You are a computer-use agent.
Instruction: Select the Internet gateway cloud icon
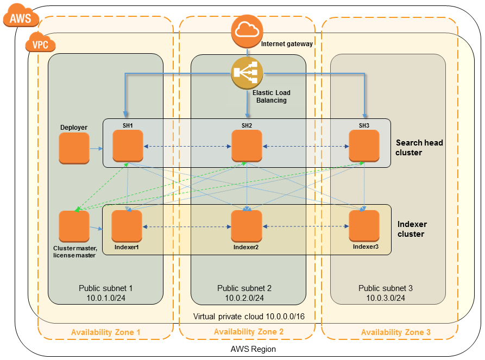pyautogui.click(x=247, y=30)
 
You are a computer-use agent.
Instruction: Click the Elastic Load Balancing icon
pyautogui.click(x=247, y=72)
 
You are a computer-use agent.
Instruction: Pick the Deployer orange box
pyautogui.click(x=74, y=147)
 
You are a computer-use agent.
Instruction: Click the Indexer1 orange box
pyautogui.click(x=127, y=226)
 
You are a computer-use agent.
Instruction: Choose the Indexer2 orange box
pyautogui.click(x=247, y=226)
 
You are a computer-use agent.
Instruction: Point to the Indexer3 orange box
pyautogui.click(x=364, y=226)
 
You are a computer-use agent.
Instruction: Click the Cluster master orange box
pyautogui.click(x=74, y=226)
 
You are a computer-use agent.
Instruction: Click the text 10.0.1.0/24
pyautogui.click(x=105, y=298)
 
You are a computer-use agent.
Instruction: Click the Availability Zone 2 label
pyautogui.click(x=248, y=332)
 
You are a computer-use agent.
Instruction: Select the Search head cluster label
pyautogui.click(x=419, y=147)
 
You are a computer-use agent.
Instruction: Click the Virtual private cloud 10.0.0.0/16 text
pyautogui.click(x=248, y=316)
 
